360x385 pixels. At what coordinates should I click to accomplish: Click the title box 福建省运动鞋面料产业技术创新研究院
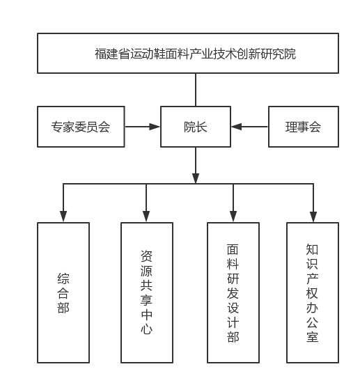pyautogui.click(x=188, y=54)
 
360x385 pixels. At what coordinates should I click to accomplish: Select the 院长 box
pyautogui.click(x=196, y=127)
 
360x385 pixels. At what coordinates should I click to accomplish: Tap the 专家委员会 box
pyautogui.click(x=81, y=127)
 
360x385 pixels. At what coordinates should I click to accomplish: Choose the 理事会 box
pyautogui.click(x=304, y=127)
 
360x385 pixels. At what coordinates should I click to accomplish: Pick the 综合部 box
pyautogui.click(x=63, y=292)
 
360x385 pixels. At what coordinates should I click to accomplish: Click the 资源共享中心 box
pyautogui.click(x=147, y=292)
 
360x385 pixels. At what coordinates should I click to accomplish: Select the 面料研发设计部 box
pyautogui.click(x=233, y=292)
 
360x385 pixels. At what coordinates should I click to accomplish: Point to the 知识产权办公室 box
pyautogui.click(x=313, y=292)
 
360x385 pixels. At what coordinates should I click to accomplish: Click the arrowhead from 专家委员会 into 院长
pyautogui.click(x=155, y=127)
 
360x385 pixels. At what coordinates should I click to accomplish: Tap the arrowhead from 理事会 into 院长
pyautogui.click(x=237, y=127)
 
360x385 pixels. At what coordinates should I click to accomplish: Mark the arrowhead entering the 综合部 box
pyautogui.click(x=63, y=217)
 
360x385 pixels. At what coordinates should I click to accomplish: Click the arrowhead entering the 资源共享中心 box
pyautogui.click(x=146, y=217)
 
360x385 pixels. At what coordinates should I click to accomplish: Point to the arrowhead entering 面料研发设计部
pyautogui.click(x=233, y=217)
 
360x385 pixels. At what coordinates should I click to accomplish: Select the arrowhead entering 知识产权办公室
pyautogui.click(x=313, y=217)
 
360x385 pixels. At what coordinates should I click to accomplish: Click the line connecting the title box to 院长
pyautogui.click(x=196, y=90)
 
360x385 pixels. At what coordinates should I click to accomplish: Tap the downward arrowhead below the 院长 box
pyautogui.click(x=196, y=178)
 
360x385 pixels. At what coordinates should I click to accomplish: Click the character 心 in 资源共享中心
pyautogui.click(x=147, y=329)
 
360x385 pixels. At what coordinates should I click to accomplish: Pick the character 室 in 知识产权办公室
pyautogui.click(x=313, y=336)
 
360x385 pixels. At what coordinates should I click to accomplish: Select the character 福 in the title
pyautogui.click(x=101, y=54)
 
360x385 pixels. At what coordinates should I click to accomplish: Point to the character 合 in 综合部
pyautogui.click(x=63, y=292)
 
